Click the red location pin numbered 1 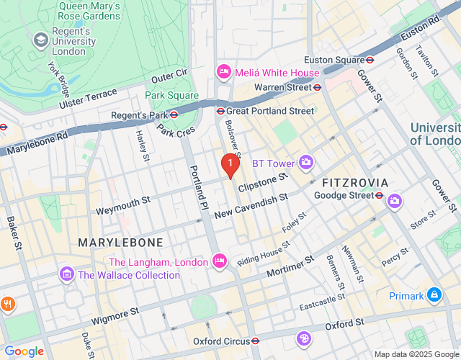click(230, 165)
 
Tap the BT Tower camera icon click(306, 163)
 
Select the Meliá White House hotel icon click(223, 73)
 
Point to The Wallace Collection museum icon click(67, 274)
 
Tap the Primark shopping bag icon click(434, 294)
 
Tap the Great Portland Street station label click(270, 111)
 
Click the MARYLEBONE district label click(120, 242)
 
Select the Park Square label click(171, 95)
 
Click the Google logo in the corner click(24, 351)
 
